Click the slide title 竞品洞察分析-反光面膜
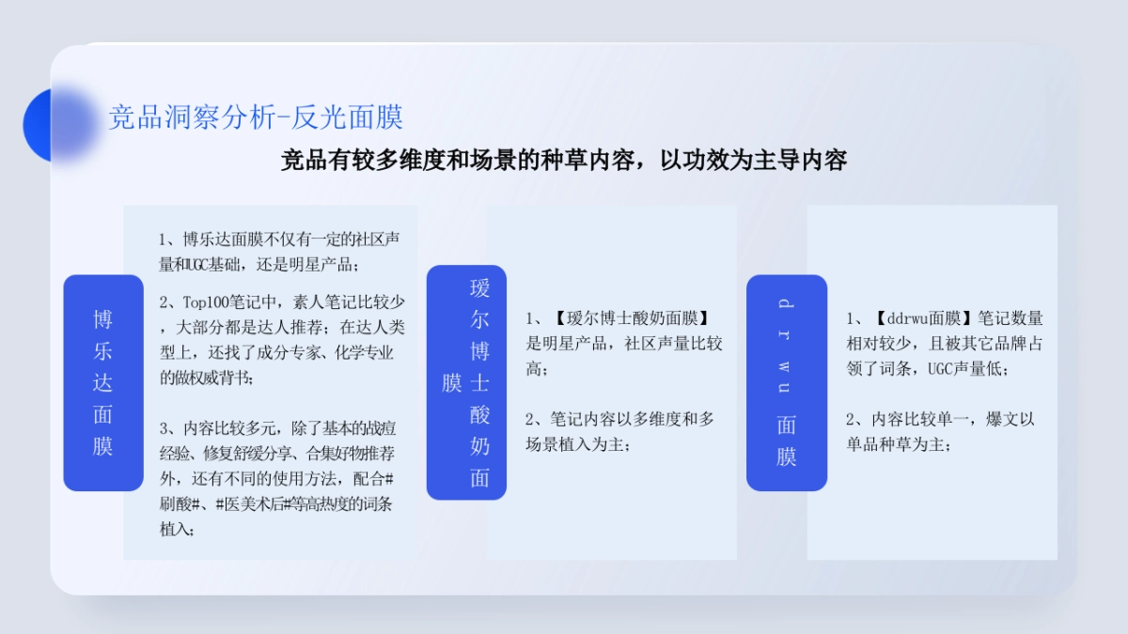[256, 117]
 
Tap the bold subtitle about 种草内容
[564, 160]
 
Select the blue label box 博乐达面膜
[103, 382]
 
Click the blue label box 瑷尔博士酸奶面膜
[467, 382]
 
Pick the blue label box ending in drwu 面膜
[787, 382]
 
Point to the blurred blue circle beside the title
[58, 125]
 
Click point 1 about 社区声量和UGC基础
[278, 251]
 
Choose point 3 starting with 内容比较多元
[276, 478]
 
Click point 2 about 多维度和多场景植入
[619, 431]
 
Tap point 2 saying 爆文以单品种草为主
[939, 431]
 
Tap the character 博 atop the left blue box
[103, 319]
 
